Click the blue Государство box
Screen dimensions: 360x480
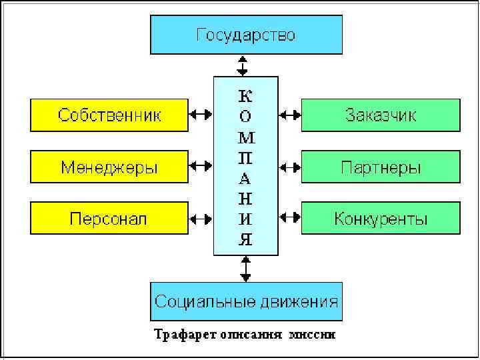coord(246,35)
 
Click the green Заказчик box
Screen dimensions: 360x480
coord(381,115)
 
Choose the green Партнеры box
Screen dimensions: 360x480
coord(381,167)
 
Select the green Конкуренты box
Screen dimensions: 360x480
coord(381,218)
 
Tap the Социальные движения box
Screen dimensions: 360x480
coord(246,301)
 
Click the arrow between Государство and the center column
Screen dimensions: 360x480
coord(243,65)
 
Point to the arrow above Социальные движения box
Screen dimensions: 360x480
coord(246,268)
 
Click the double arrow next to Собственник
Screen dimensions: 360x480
coord(201,115)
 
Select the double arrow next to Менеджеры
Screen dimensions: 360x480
coord(201,165)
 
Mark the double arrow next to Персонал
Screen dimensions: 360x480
coord(201,217)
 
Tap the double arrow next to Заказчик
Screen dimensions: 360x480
coord(290,115)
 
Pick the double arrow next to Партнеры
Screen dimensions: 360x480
coord(290,165)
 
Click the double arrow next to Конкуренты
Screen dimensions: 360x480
coord(290,217)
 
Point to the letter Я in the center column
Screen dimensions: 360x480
coord(246,239)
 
